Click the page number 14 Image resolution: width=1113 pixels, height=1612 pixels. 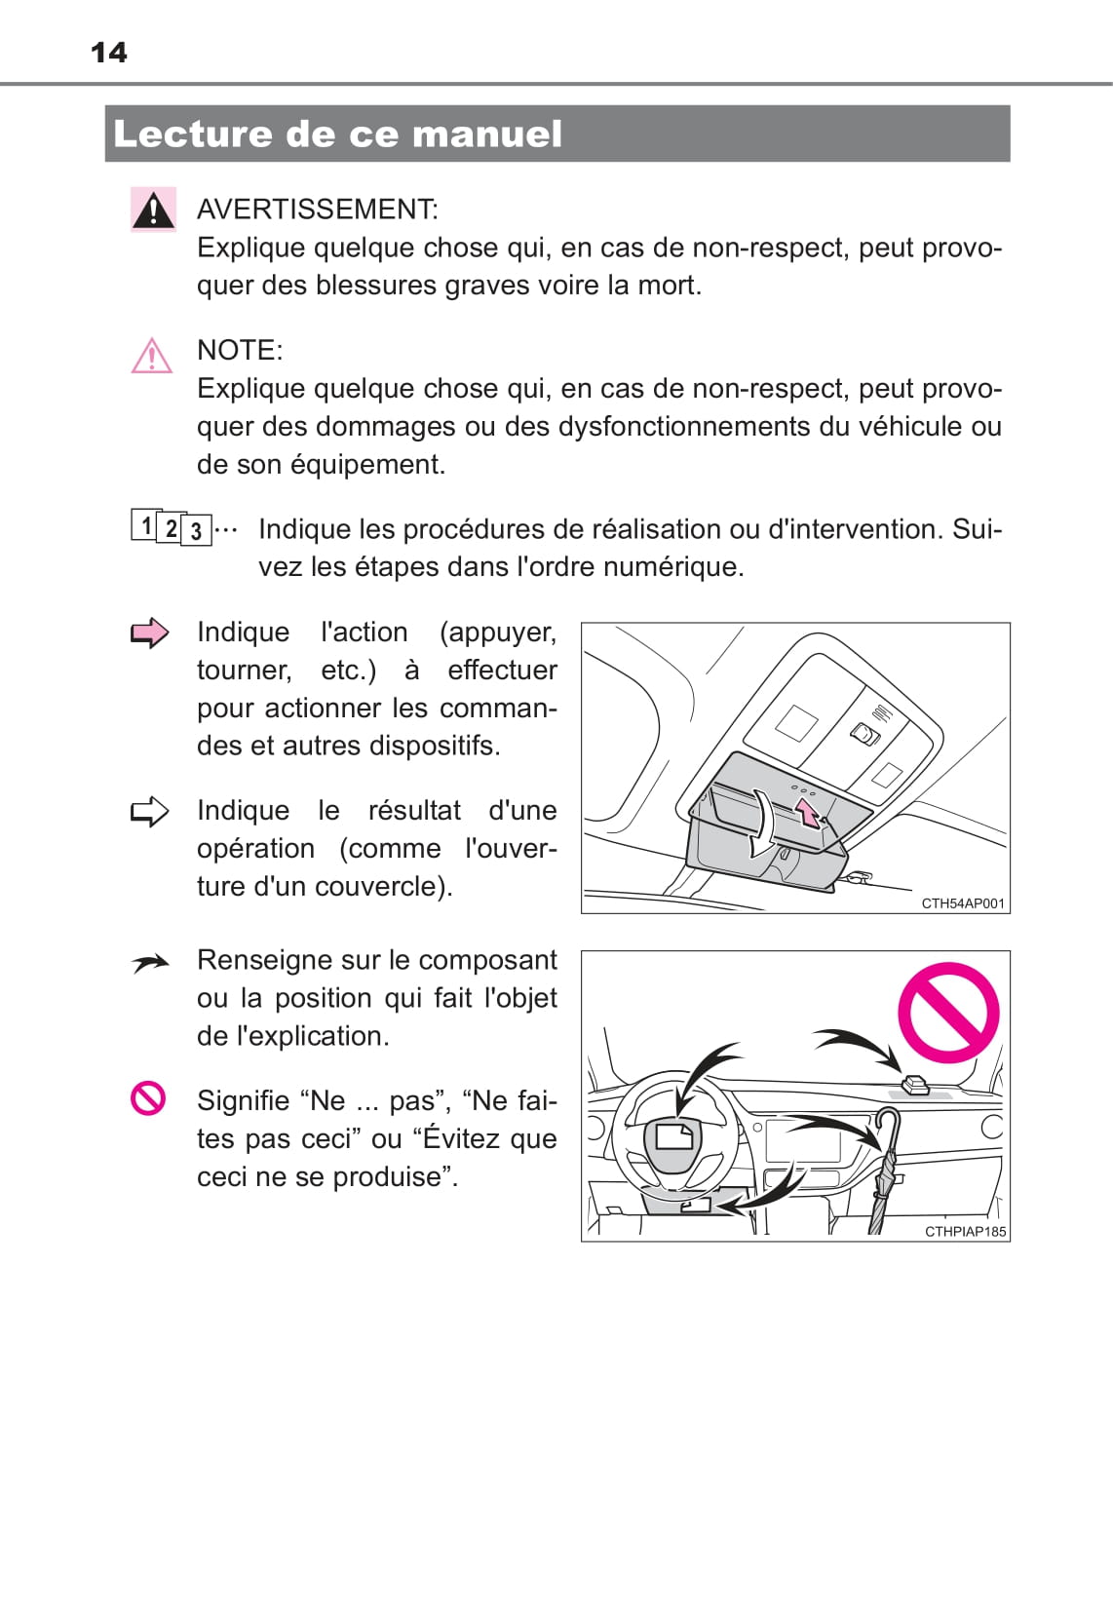[x=108, y=53]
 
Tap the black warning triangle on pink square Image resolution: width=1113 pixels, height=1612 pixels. [x=153, y=210]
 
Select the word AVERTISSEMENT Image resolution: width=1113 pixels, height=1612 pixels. [x=316, y=210]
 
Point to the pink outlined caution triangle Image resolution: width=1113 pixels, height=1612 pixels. [x=152, y=356]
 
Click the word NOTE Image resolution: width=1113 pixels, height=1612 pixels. [x=238, y=351]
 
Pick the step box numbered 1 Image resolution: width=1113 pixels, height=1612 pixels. [x=144, y=524]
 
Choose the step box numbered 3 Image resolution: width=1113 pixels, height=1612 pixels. [x=196, y=531]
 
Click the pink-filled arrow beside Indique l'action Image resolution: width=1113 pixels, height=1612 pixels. [x=150, y=633]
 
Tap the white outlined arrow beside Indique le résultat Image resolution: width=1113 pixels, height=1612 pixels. [x=150, y=812]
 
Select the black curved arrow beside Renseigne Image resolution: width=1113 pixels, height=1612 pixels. [x=150, y=964]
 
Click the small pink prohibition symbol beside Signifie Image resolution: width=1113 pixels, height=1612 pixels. [x=148, y=1099]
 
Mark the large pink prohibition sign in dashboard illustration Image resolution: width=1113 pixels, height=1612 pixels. [x=948, y=1014]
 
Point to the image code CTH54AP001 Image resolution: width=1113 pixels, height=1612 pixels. [x=963, y=903]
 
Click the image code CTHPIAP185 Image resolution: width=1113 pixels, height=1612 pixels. [x=965, y=1232]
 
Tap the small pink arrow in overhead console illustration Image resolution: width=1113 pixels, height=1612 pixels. [x=809, y=814]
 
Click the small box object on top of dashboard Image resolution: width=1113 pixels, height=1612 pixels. [x=915, y=1084]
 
